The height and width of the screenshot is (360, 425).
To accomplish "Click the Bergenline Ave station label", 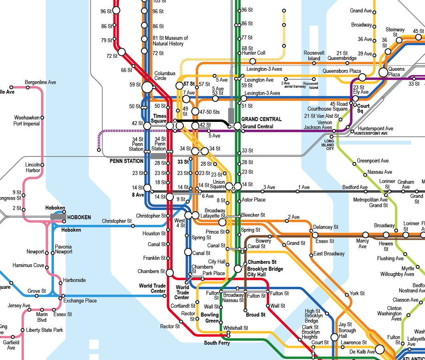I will (x=40, y=82).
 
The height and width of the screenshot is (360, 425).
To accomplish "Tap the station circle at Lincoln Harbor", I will (x=42, y=165).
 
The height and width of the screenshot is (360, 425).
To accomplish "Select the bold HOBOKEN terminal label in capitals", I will (x=79, y=217).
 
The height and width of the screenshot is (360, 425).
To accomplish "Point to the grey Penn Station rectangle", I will (x=159, y=156).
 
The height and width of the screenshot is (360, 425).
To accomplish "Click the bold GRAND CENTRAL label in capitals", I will (x=261, y=119).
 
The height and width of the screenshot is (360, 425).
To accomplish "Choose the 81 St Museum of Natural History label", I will (x=170, y=41).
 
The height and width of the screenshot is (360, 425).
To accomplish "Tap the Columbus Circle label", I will (x=165, y=76).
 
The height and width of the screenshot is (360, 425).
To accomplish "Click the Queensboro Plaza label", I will (x=342, y=71).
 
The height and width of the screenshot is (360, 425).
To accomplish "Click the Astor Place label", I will (x=253, y=200).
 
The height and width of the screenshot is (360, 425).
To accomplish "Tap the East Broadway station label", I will (x=329, y=254).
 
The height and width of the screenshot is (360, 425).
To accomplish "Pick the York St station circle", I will (x=347, y=295).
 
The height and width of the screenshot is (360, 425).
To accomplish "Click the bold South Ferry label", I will (x=217, y=343).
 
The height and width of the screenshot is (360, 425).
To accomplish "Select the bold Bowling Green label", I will (x=210, y=318).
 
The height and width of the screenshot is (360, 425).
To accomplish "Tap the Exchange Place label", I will (x=80, y=300).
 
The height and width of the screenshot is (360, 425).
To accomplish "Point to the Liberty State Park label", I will (x=44, y=330).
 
